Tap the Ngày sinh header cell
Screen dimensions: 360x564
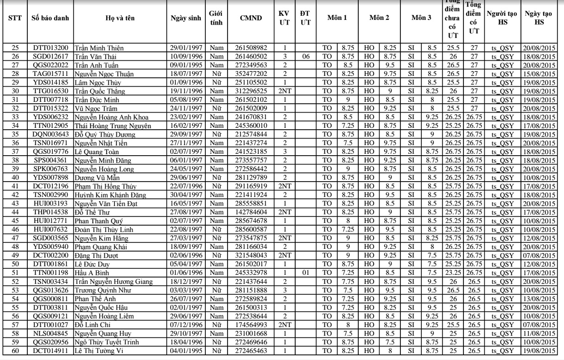point(185,18)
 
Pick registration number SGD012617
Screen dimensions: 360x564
point(51,56)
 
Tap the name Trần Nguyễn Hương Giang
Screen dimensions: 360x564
point(113,281)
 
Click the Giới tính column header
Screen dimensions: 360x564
point(215,18)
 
